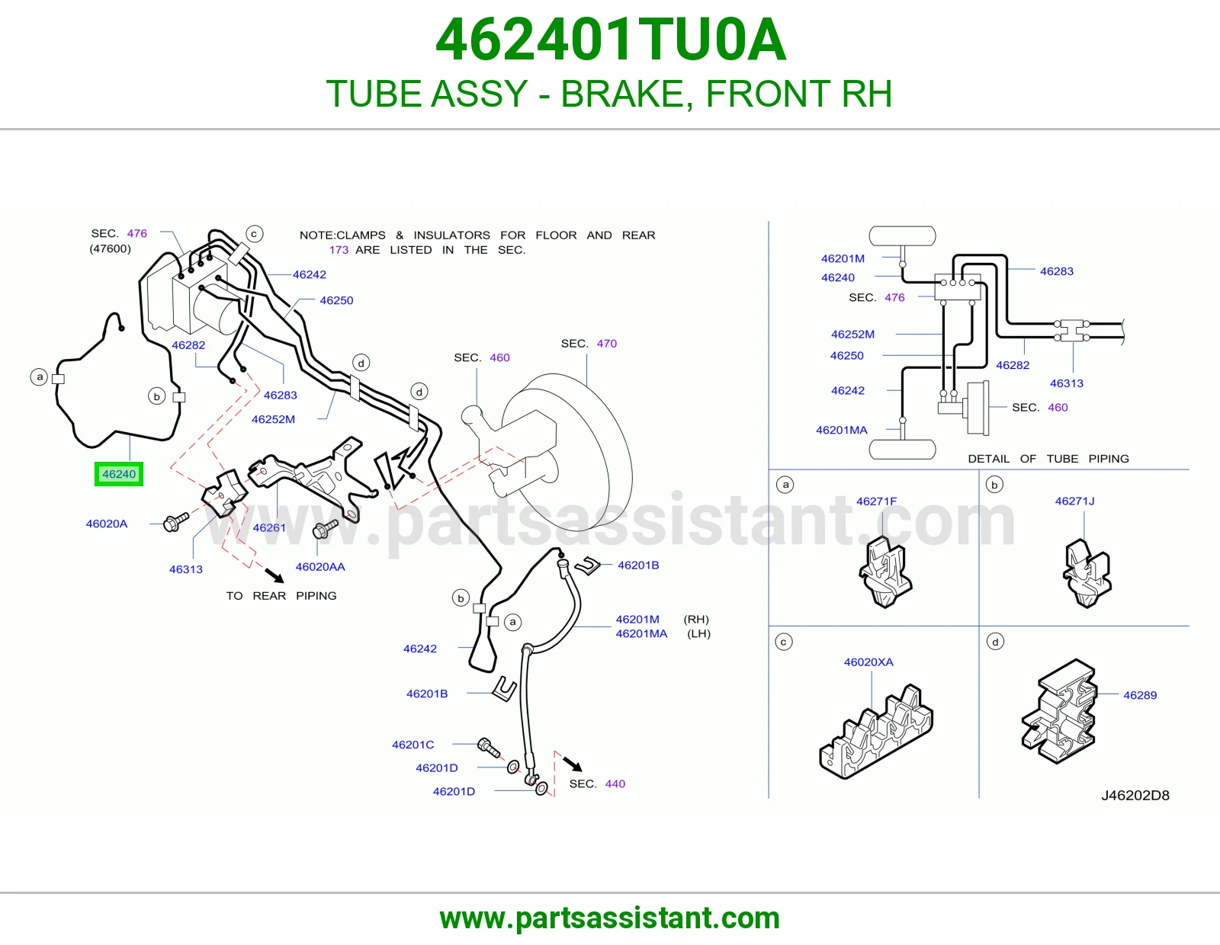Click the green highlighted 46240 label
(118, 474)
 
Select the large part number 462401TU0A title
(610, 40)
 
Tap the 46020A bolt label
(107, 524)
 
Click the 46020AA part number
(320, 567)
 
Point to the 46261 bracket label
(269, 527)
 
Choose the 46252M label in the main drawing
(273, 419)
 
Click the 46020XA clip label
(868, 662)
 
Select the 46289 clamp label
(1140, 695)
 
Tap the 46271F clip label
(876, 501)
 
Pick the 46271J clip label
(1074, 501)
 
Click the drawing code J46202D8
(1135, 795)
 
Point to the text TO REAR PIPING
(281, 596)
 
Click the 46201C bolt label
(413, 745)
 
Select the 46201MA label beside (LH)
(641, 633)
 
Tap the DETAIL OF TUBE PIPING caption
(1048, 459)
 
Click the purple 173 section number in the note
(339, 250)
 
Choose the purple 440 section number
(615, 783)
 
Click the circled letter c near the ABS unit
(255, 234)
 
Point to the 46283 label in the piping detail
(1056, 271)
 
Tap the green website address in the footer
(610, 918)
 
